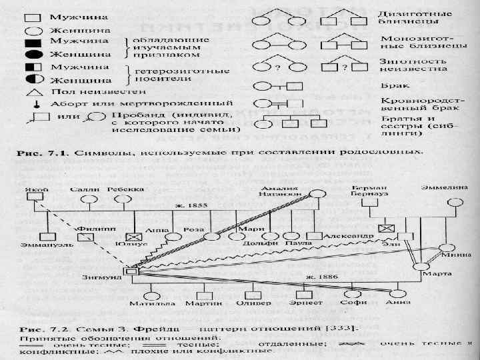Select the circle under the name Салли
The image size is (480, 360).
(x=87, y=197)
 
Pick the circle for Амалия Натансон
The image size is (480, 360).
(x=319, y=195)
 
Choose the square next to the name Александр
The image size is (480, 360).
(x=313, y=236)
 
